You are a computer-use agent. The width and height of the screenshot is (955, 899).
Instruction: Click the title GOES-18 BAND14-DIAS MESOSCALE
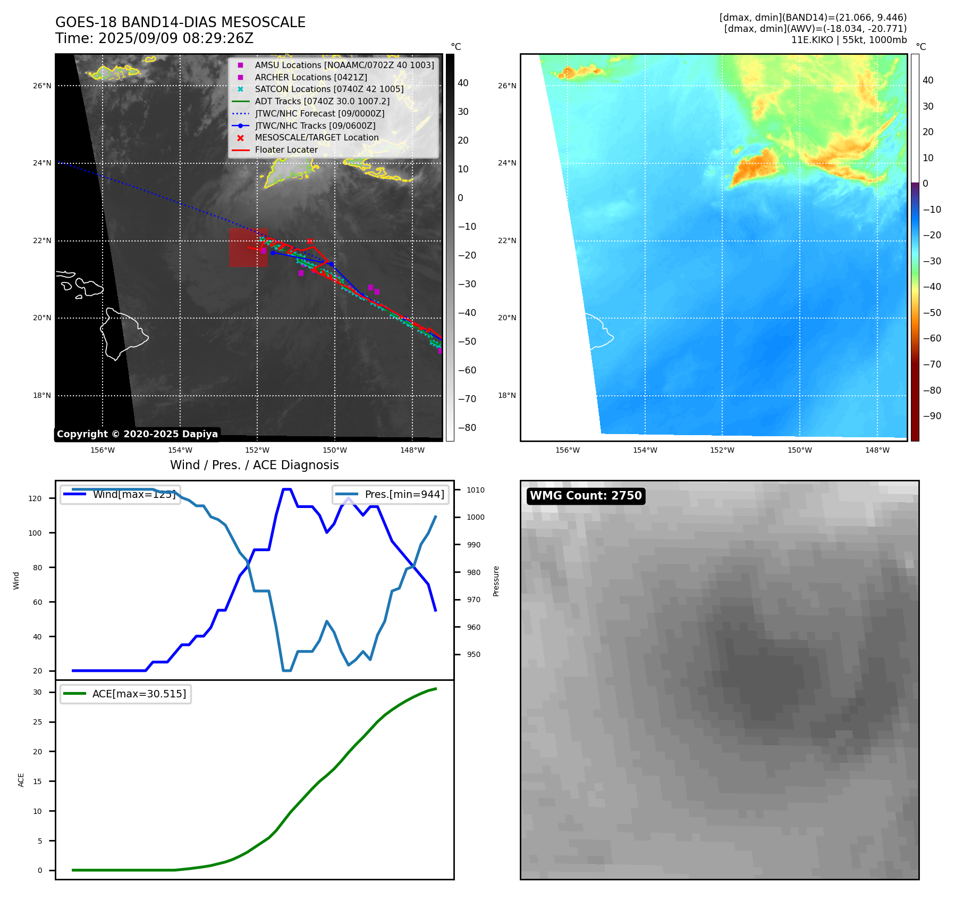click(180, 22)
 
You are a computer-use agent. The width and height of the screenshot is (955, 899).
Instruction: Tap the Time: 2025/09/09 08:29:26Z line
click(154, 38)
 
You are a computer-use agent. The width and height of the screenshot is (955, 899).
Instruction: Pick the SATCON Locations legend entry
click(329, 89)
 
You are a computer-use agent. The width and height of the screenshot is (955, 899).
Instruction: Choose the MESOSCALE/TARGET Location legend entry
click(316, 138)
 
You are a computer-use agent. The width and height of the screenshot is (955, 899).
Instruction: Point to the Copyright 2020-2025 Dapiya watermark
click(137, 434)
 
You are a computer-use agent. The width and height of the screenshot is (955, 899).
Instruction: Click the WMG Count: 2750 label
click(586, 496)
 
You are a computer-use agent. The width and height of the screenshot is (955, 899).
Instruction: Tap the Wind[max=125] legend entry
click(133, 494)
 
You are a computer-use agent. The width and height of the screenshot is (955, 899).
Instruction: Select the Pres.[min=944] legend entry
click(404, 494)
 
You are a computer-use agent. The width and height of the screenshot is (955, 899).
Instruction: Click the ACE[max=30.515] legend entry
click(139, 694)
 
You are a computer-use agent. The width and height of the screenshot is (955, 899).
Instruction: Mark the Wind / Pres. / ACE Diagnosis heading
click(254, 465)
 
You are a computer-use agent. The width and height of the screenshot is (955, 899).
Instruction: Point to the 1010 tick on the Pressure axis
click(476, 490)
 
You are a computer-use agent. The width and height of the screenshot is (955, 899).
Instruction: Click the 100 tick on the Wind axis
click(35, 533)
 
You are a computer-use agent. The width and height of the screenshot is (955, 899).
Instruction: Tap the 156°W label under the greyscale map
click(103, 450)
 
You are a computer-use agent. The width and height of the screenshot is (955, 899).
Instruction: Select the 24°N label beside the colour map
click(507, 163)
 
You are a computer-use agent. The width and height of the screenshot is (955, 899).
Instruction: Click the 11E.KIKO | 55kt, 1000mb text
click(849, 40)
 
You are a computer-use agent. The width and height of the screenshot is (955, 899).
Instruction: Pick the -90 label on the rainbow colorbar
click(932, 416)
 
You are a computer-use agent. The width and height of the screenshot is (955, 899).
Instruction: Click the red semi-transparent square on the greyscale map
click(248, 247)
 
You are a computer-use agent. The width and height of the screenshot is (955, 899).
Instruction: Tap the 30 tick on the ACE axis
click(37, 692)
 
